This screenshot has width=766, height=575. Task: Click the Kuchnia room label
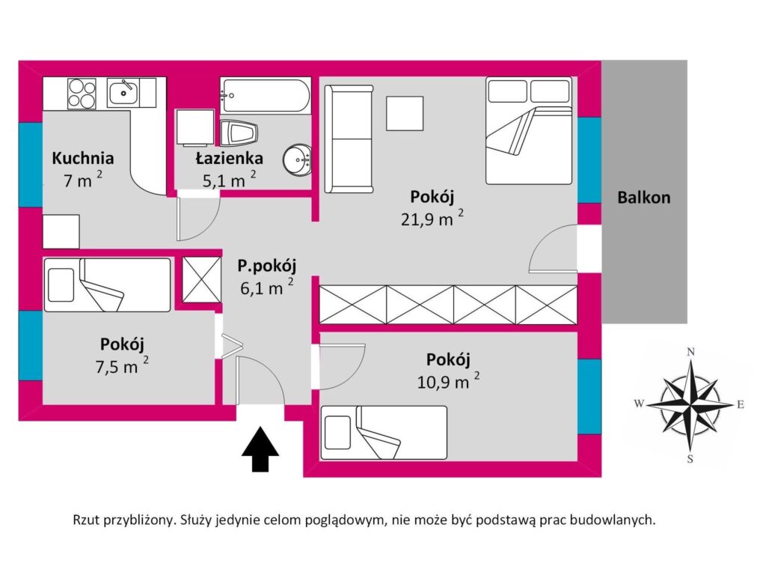[82, 158]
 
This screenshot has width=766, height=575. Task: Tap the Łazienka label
[229, 158]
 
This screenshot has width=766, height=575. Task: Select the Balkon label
[643, 198]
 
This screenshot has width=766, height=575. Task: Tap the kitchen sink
[122, 93]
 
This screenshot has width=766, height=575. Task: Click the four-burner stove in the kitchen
[82, 93]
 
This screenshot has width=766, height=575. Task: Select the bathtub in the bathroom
[265, 96]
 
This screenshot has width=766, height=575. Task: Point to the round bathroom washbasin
[297, 159]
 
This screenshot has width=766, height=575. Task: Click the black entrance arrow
[260, 449]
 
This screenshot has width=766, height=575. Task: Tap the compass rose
[690, 405]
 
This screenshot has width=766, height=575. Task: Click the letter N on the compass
[692, 352]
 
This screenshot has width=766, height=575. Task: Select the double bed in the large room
[529, 130]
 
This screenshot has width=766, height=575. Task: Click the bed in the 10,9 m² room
[383, 433]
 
